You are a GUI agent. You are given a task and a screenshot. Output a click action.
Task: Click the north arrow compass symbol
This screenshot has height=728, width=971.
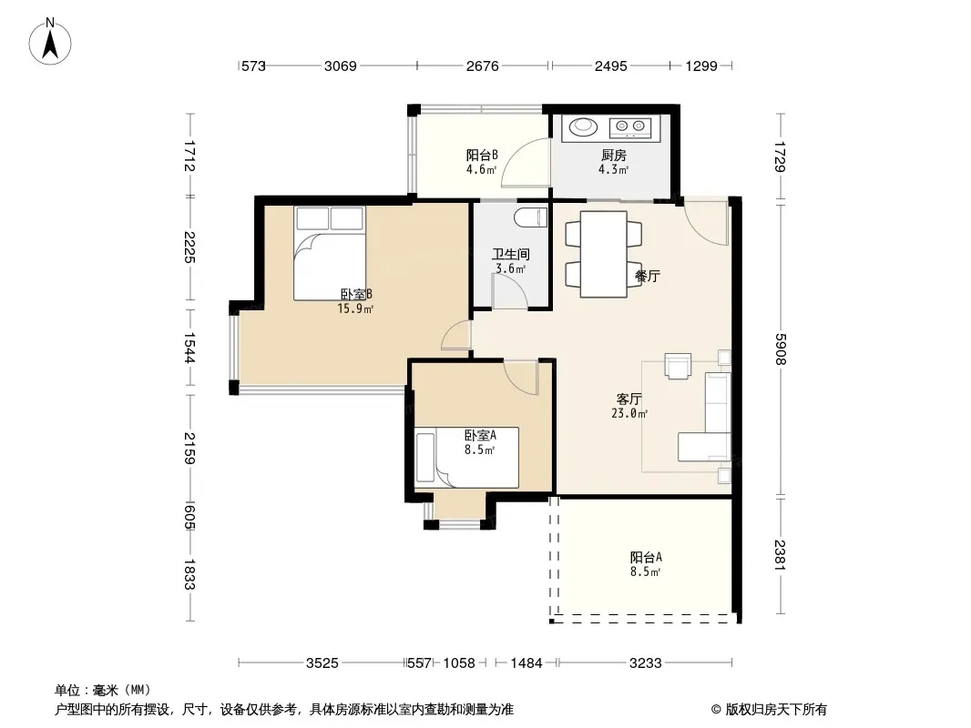50,42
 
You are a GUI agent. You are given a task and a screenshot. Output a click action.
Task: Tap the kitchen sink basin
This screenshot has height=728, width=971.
583,126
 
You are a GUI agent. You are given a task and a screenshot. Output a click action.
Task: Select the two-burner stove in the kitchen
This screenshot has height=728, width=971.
630,127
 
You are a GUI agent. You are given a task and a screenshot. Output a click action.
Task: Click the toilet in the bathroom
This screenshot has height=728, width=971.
531,217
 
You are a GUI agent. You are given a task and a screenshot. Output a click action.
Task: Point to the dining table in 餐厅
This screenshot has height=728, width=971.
603,254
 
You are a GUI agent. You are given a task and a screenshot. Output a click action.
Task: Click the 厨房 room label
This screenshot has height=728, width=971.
614,156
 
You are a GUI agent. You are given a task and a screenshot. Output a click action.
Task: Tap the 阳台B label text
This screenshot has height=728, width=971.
482,155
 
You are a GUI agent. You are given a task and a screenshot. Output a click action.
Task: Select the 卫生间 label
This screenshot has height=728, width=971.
511,254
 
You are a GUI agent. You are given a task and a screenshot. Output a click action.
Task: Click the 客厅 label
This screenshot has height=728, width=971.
629,399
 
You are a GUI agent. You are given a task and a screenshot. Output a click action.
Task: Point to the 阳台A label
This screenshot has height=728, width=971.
646,557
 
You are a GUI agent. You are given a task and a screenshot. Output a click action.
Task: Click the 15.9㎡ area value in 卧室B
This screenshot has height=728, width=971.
355,308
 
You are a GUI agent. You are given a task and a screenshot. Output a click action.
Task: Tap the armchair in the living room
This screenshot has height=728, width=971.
678,365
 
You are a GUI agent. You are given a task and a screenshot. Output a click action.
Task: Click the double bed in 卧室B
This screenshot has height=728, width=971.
330,254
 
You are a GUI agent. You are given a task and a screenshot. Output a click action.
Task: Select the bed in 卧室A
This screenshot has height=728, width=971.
467,457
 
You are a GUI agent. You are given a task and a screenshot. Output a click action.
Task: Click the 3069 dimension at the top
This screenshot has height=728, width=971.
341,66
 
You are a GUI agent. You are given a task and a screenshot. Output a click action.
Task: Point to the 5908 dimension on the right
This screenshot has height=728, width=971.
781,349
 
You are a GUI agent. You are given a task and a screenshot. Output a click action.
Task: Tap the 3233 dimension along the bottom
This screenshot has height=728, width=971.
645,663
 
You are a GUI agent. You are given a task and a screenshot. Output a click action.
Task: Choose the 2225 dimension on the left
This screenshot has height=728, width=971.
189,247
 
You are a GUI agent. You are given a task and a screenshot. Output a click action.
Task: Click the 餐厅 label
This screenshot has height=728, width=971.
648,276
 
